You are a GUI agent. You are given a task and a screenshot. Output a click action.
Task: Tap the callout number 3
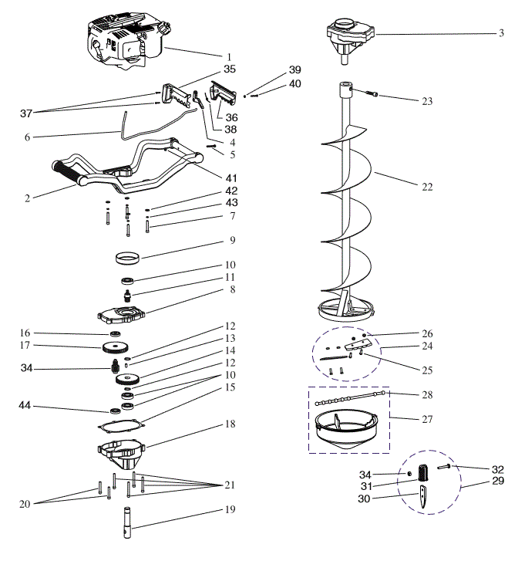point(500,33)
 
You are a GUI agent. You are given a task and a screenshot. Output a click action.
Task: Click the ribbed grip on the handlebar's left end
point(68,172)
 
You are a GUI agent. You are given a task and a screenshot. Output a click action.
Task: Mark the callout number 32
point(498,468)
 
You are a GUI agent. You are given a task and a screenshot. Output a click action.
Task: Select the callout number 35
point(229,69)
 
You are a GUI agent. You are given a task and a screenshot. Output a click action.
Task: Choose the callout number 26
point(427,333)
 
